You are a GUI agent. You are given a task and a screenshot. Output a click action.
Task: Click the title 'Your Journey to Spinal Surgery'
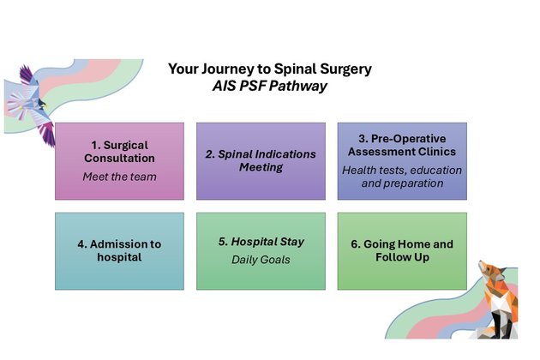(x=269, y=69)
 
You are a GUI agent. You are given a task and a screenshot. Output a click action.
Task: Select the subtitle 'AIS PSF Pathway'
(x=269, y=86)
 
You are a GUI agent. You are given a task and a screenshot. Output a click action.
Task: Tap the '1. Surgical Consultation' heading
(x=119, y=152)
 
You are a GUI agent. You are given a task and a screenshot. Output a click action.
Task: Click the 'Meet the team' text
(x=119, y=177)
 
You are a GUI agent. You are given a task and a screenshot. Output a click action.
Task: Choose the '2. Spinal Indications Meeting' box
(x=261, y=161)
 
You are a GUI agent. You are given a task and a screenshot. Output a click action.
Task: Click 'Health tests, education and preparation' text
(x=402, y=177)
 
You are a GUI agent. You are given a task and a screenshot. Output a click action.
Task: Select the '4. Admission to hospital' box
(x=119, y=250)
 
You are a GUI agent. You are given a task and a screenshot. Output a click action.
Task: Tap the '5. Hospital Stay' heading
(x=261, y=242)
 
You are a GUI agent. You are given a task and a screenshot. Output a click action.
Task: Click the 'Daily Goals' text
(x=261, y=260)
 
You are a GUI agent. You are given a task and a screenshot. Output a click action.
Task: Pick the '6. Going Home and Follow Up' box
(x=402, y=250)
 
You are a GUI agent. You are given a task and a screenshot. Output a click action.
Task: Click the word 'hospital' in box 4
(x=119, y=257)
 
